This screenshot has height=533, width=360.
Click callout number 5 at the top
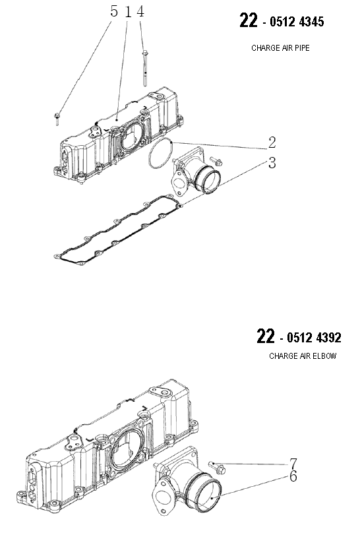[x=114, y=11]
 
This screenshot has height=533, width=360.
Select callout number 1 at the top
[x=128, y=12]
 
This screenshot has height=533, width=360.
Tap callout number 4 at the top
[x=140, y=11]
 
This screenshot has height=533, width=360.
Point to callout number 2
[x=272, y=142]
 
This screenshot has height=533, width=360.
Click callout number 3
[x=272, y=163]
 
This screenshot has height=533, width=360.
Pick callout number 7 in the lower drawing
[x=293, y=464]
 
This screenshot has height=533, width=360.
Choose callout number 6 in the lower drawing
[x=293, y=476]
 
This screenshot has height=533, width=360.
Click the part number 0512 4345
[x=297, y=22]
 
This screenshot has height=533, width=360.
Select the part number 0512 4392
[x=314, y=338]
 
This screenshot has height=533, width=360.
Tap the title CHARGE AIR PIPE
[x=280, y=48]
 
